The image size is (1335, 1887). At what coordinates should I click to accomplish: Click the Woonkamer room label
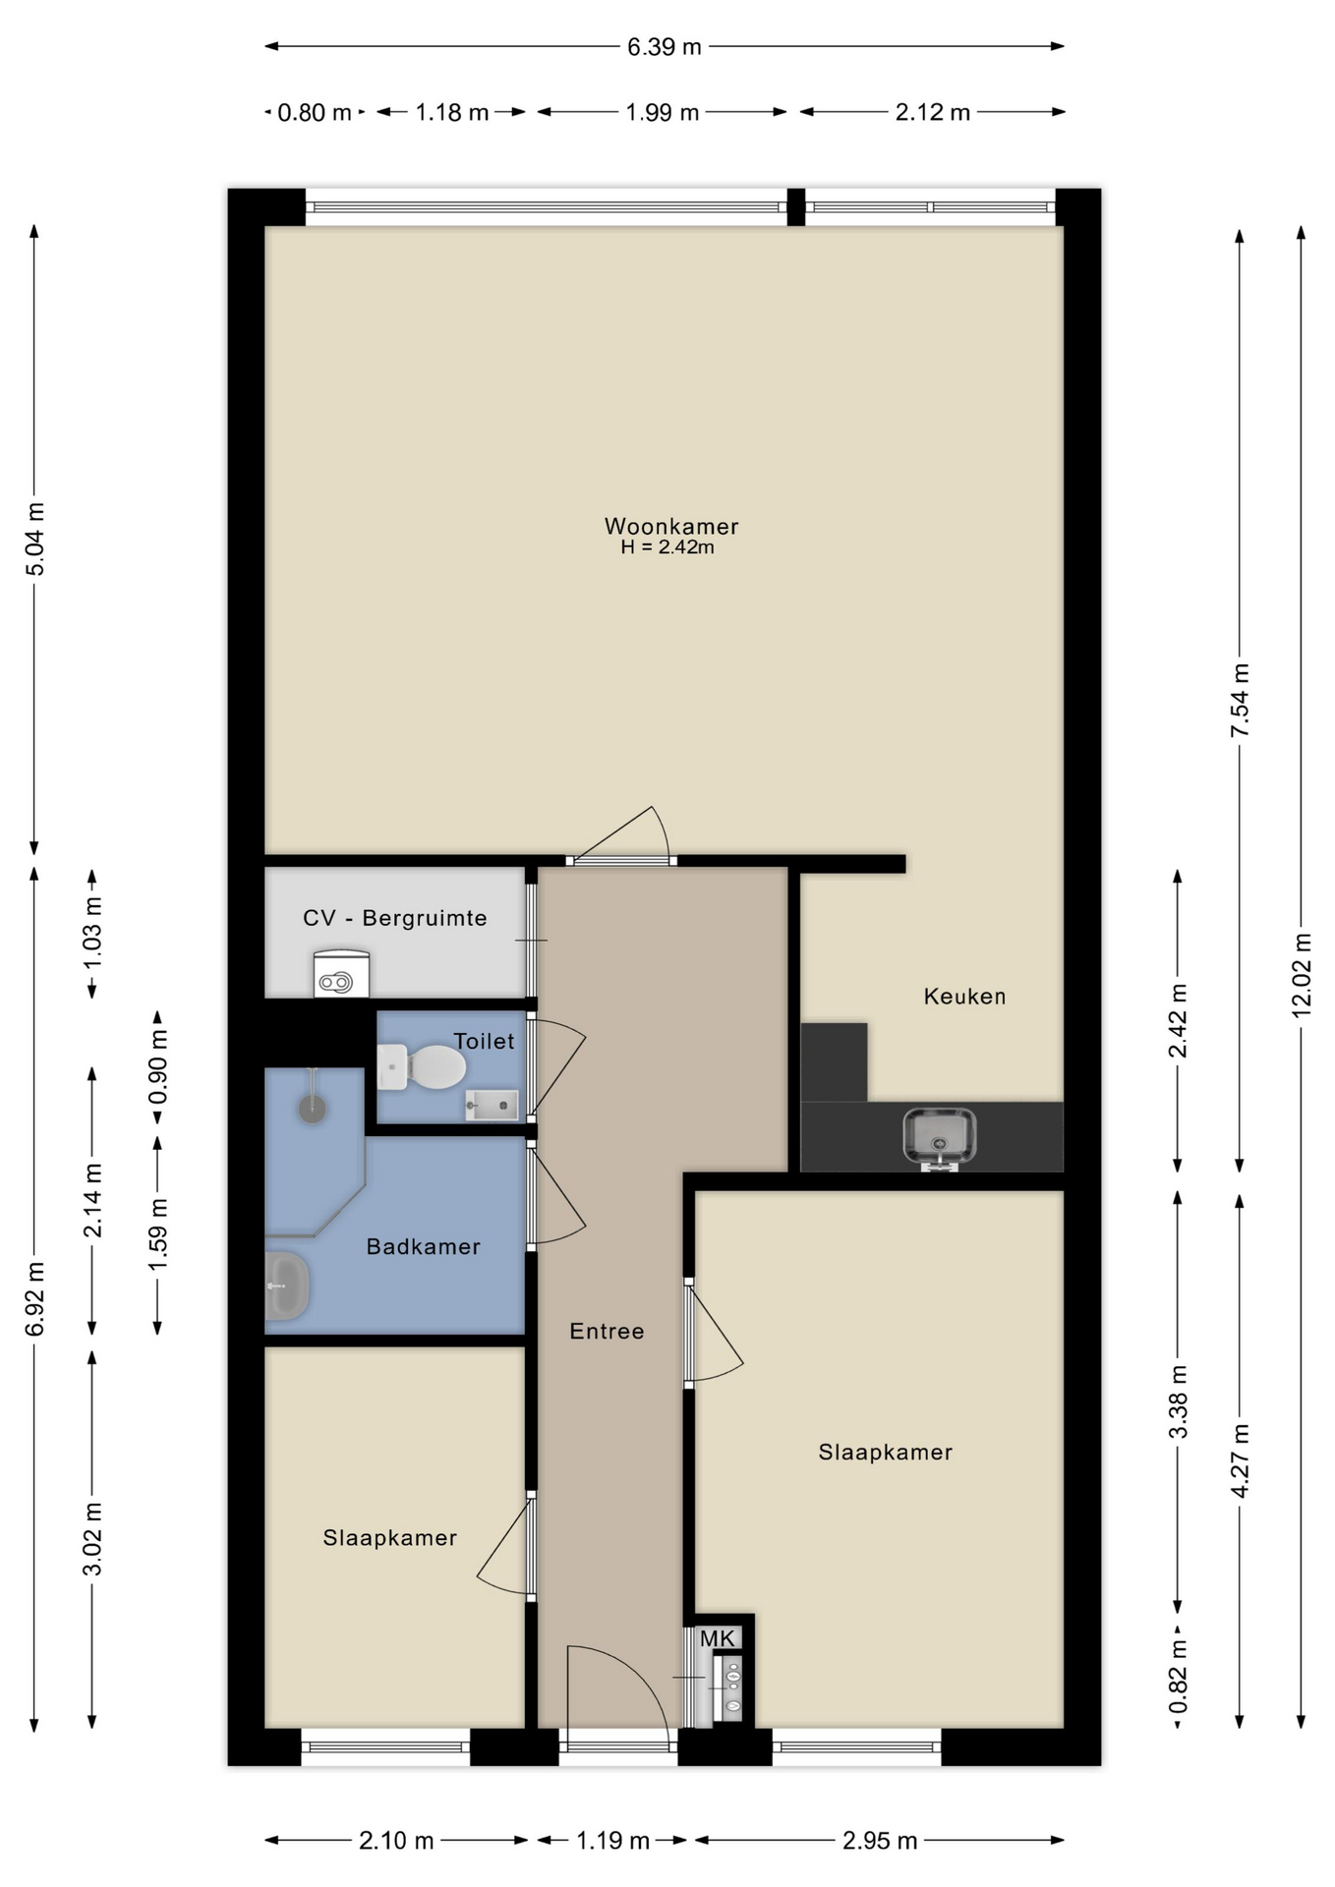point(671,526)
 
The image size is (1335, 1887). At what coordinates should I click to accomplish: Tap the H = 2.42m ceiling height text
point(667,547)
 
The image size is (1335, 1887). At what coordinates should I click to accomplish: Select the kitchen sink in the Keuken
point(940,1137)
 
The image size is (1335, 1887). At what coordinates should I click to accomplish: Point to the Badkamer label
point(424,1246)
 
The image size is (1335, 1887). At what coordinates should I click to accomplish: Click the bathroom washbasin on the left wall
point(287,1286)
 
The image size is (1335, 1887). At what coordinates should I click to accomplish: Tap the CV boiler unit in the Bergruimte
point(341,973)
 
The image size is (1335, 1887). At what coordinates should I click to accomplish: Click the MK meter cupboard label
point(718,1638)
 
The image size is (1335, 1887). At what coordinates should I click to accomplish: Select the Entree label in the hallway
point(608,1331)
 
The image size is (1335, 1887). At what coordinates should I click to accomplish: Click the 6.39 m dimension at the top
point(665,46)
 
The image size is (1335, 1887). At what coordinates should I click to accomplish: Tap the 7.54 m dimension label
point(1241,700)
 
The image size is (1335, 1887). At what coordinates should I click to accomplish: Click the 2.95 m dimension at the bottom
point(880,1840)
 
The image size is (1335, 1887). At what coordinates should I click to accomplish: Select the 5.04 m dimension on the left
point(34,539)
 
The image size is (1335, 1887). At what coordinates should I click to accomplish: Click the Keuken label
point(964,997)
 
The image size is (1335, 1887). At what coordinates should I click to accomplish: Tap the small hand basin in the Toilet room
point(492,1105)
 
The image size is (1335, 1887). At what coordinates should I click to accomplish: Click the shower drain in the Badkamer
point(313,1109)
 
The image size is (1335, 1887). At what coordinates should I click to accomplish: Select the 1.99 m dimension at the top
point(663,112)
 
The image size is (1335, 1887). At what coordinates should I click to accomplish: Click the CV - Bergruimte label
point(395,918)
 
